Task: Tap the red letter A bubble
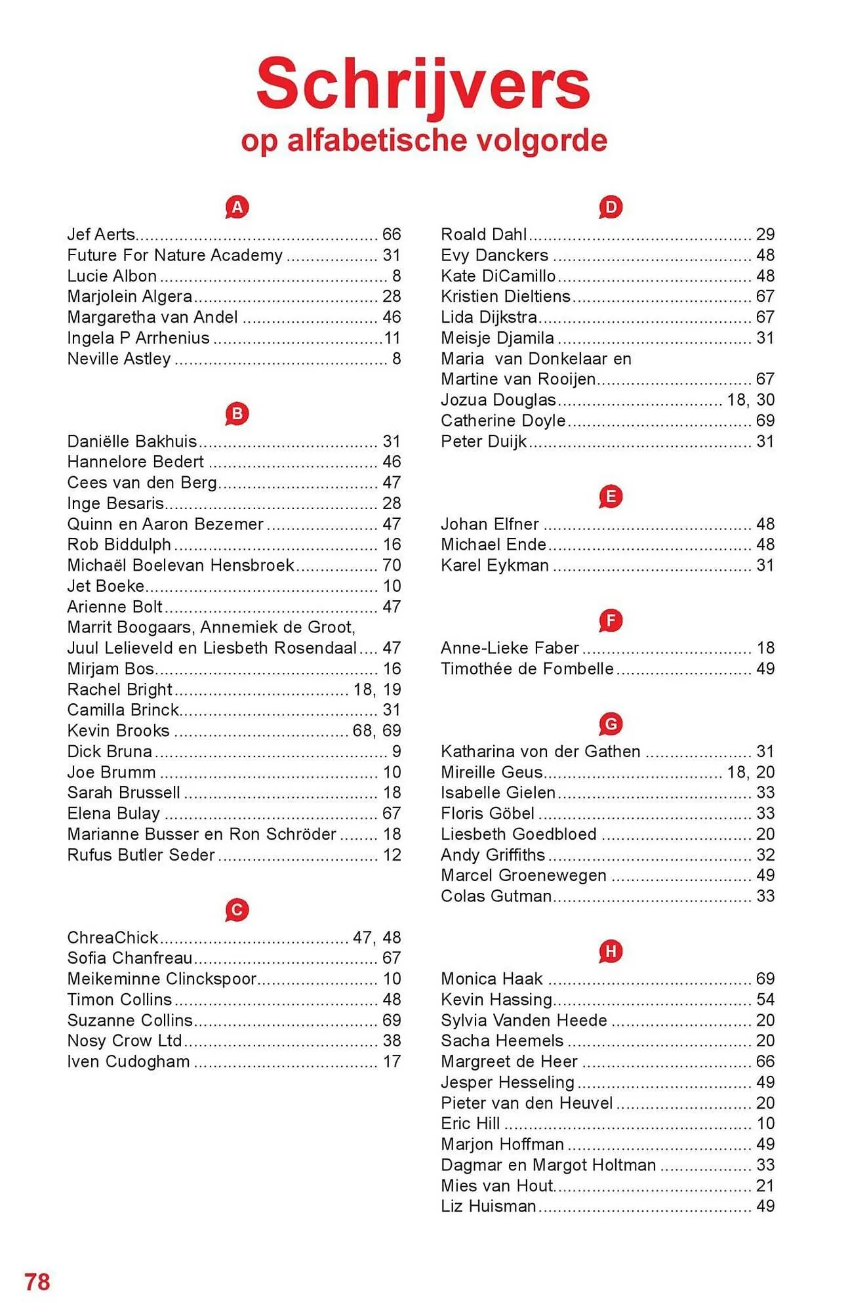237,207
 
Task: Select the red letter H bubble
610,951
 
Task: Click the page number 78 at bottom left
37,1282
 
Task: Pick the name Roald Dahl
483,234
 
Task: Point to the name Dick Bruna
110,751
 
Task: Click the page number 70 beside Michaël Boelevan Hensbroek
392,565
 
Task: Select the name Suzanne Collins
130,1020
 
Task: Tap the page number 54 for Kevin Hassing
765,999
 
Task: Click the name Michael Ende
493,544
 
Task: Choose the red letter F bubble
610,620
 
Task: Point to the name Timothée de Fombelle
527,668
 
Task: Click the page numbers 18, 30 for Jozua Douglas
751,400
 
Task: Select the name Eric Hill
470,1123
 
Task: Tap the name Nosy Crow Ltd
125,1040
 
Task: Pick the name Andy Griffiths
493,855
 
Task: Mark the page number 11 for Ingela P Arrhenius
392,338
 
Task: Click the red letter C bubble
237,910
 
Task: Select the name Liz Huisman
489,1206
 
